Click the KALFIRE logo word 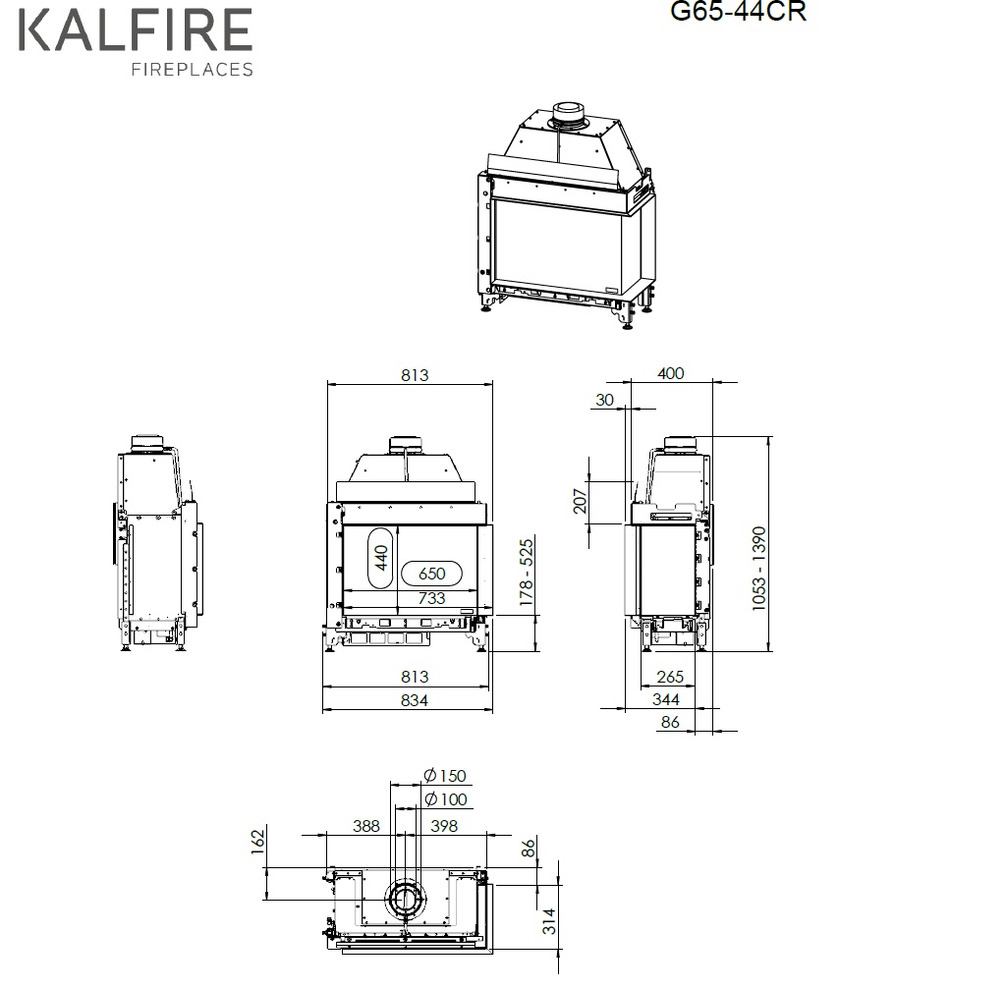[136, 29]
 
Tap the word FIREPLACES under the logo [193, 70]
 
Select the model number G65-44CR [738, 11]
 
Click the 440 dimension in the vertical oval [381, 558]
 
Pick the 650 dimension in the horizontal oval [432, 574]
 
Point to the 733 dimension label [431, 598]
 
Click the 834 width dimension [414, 700]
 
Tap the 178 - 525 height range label [527, 573]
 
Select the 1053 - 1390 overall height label [759, 569]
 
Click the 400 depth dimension [670, 373]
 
